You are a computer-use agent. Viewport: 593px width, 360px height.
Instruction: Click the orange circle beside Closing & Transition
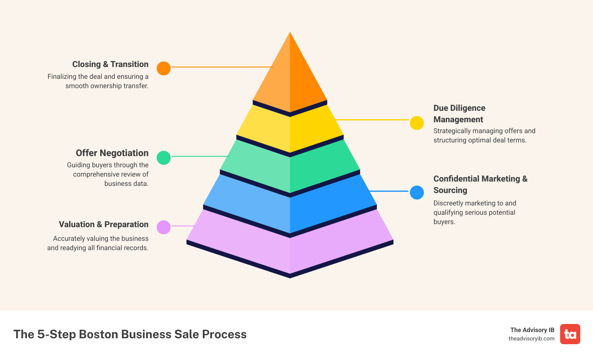pos(164,68)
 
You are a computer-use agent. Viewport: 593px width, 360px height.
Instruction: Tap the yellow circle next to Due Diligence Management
pos(417,123)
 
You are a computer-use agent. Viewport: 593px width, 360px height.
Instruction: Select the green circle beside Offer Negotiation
pos(164,158)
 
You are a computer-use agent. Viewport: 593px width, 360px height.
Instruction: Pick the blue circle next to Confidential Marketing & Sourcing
pos(417,193)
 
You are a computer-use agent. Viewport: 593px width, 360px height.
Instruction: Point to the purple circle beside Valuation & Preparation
pos(164,227)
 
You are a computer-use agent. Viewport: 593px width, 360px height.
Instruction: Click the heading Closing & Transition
pos(110,64)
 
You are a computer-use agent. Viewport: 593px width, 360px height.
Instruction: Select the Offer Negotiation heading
pos(112,153)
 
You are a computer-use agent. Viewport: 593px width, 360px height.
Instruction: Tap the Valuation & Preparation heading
pos(104,224)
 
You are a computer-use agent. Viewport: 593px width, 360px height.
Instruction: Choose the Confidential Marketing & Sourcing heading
pos(480,184)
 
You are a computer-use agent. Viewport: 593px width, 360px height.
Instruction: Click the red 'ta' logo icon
pos(570,334)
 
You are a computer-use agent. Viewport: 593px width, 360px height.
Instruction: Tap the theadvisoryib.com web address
pos(531,339)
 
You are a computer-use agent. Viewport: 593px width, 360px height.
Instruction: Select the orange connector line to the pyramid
pos(222,67)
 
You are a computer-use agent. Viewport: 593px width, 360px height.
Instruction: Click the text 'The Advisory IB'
pos(532,330)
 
